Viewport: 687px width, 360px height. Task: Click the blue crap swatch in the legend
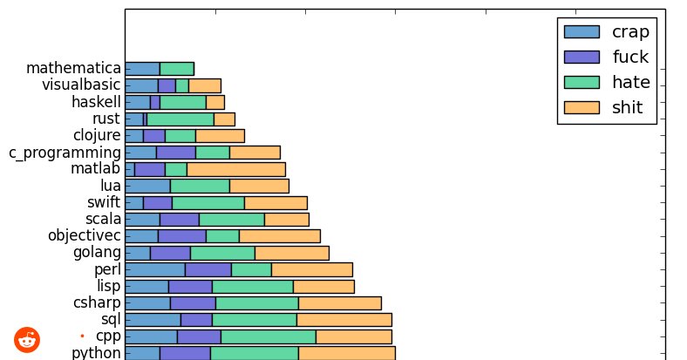(x=582, y=32)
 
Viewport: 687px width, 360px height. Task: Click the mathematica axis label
(x=73, y=68)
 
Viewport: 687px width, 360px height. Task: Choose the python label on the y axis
(x=96, y=352)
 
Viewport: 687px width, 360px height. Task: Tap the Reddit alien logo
(x=27, y=339)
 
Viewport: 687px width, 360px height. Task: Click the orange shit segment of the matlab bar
(x=235, y=169)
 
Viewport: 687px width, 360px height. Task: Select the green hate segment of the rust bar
(x=180, y=119)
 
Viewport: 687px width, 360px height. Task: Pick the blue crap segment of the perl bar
(x=155, y=269)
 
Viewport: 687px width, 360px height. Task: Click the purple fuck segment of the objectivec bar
(x=181, y=236)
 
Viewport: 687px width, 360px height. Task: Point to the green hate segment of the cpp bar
(x=268, y=336)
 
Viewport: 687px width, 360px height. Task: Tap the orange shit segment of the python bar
(x=346, y=353)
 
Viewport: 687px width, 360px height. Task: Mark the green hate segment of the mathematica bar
(x=176, y=69)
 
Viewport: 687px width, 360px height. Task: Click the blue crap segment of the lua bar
(x=147, y=186)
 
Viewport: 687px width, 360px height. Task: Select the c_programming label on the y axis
(x=65, y=153)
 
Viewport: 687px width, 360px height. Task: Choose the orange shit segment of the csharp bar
(x=339, y=303)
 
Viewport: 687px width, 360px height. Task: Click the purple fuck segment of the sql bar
(x=196, y=320)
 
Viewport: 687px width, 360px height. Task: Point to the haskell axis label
(x=96, y=102)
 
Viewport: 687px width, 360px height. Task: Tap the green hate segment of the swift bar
(x=207, y=203)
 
